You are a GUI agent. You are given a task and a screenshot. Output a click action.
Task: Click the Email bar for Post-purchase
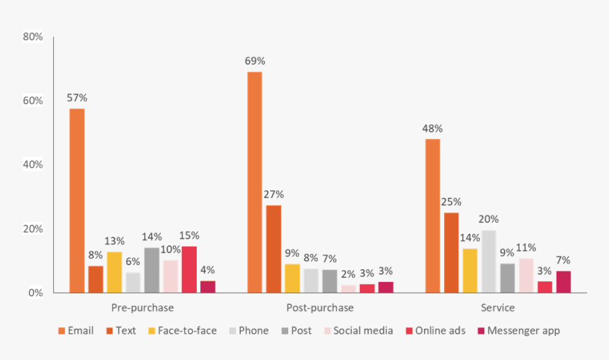pos(254,182)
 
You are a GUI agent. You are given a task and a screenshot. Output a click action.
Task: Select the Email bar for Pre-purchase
pos(76,201)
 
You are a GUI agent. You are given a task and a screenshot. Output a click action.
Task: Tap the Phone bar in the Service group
pos(489,261)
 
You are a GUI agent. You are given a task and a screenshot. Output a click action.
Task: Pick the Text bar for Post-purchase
pos(273,249)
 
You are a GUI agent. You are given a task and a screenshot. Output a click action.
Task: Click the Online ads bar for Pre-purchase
pos(189,269)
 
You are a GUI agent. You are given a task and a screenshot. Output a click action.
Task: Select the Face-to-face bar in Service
pos(469,270)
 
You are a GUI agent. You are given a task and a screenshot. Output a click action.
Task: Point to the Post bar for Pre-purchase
pos(152,270)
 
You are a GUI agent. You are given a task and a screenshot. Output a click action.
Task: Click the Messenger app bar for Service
pos(563,281)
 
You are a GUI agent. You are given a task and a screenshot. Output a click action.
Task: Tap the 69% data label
pos(256,61)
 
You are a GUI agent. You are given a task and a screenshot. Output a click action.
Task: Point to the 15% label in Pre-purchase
pos(189,235)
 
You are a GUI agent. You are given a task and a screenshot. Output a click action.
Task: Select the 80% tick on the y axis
pos(33,36)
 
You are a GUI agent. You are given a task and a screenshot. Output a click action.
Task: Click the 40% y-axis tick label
pos(33,164)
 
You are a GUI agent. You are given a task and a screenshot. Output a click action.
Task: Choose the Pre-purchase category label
pos(142,308)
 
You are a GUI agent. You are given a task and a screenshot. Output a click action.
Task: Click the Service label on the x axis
pos(498,308)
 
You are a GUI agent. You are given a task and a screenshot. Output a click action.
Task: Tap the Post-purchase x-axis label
pos(320,308)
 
